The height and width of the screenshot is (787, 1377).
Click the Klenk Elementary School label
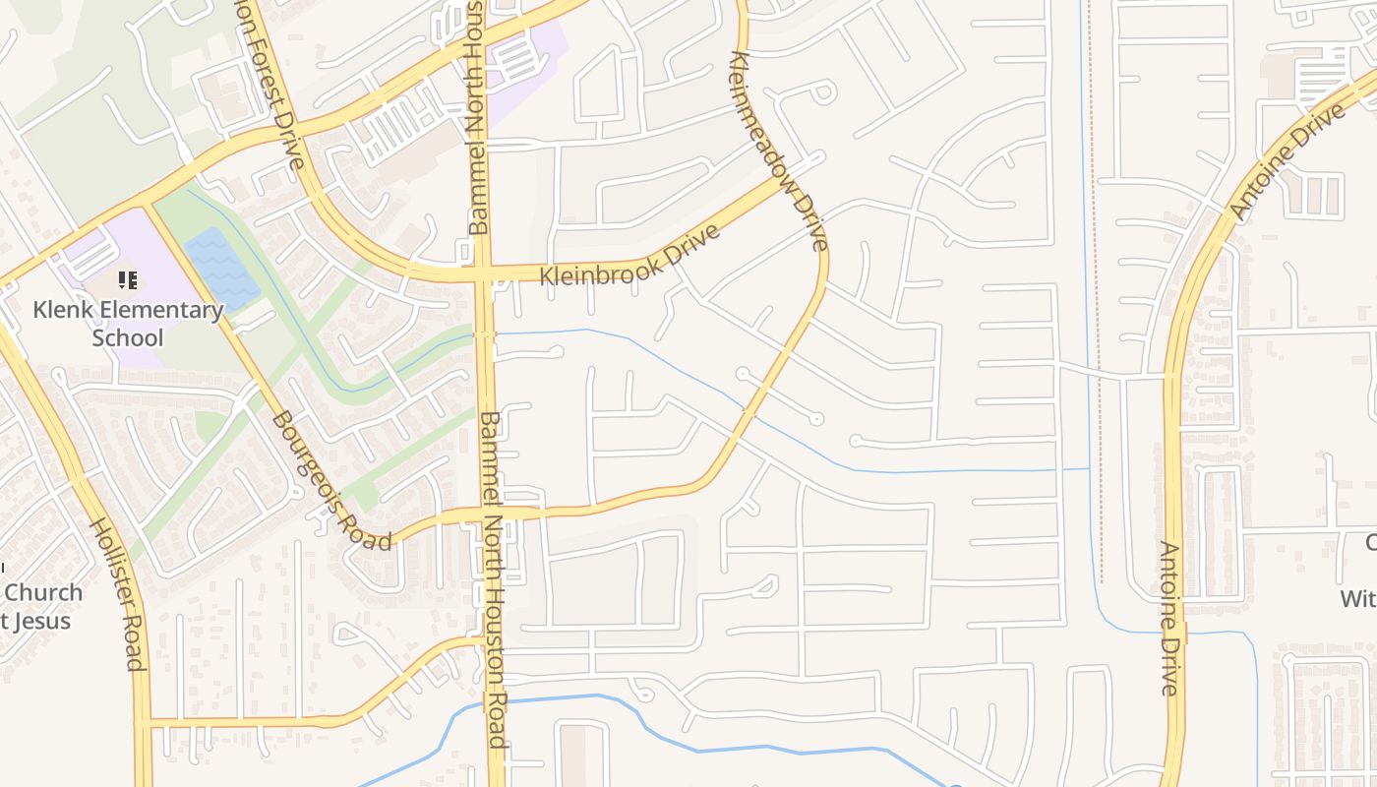128,324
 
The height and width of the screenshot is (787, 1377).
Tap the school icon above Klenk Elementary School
128,281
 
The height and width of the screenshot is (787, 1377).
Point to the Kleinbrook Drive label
629,255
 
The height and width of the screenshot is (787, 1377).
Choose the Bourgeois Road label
330,479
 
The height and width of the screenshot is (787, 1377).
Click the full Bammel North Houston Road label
493,580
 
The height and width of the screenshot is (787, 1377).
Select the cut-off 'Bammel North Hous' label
476,118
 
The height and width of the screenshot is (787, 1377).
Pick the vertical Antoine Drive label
1169,618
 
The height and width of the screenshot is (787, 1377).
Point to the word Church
44,593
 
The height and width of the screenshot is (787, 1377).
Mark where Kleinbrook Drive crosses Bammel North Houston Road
484,272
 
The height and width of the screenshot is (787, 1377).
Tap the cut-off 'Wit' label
1357,598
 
